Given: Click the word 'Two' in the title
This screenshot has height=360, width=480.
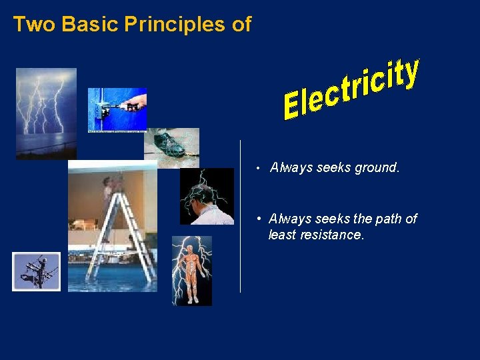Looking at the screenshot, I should pos(29,24).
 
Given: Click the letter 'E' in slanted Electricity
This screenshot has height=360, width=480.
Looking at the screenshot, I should pos(292,108).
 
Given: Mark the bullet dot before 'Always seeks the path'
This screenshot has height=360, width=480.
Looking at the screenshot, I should pos(258,219).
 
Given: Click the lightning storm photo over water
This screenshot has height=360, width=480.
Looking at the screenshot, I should pos(46,110).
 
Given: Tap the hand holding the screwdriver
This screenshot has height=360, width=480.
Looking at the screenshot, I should pos(136,103).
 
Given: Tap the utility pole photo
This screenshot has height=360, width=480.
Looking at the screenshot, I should pos(36,271).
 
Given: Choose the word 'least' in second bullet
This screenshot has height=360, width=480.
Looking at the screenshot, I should pos(281,235).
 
